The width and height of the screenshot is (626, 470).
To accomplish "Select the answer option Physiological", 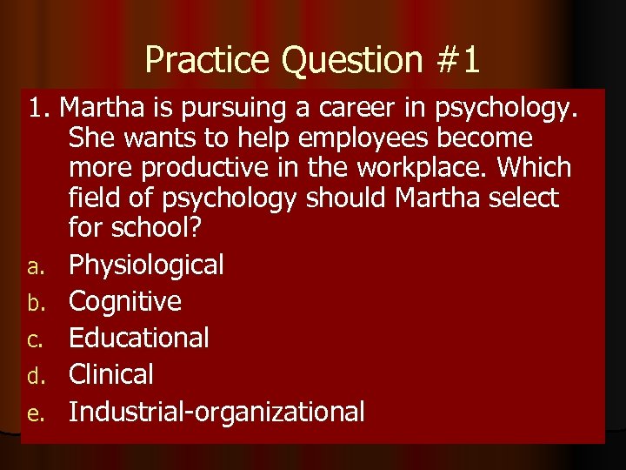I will [146, 265].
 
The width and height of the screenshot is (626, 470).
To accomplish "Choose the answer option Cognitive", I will [125, 302].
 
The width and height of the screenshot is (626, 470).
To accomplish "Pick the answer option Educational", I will [139, 338].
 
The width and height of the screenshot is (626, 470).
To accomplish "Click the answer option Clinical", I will [111, 375].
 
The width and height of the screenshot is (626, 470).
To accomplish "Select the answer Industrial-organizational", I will [216, 412].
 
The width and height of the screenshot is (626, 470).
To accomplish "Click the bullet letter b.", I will [33, 303].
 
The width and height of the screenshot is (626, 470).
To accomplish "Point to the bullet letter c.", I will [33, 339].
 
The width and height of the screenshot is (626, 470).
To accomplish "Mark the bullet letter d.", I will [33, 376].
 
